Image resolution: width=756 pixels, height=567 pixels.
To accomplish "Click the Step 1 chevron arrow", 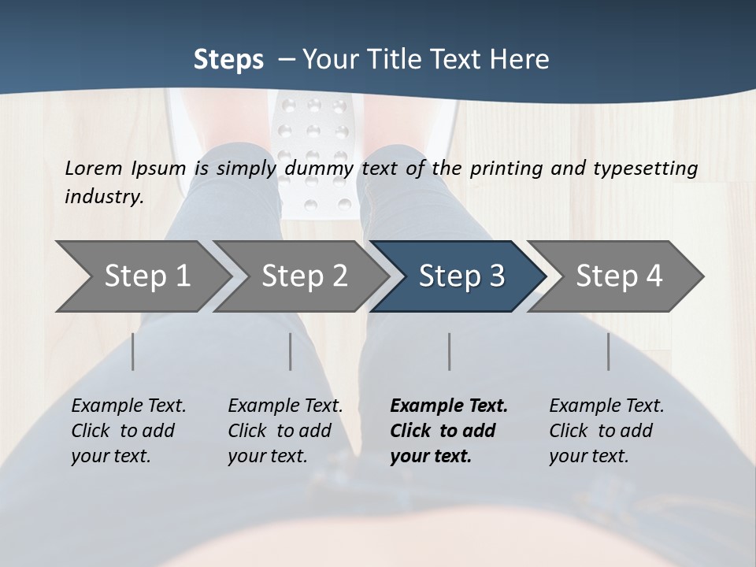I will point(142,276).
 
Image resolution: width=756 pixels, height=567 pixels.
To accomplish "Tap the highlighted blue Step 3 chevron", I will point(459,276).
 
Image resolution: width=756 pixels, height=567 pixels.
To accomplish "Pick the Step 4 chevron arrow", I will point(617,276).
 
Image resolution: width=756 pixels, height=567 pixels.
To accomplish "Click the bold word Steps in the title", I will point(228,60).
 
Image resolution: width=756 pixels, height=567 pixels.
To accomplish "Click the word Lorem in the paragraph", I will point(94,168).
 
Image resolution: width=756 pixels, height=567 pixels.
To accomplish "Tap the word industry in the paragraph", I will point(103,196).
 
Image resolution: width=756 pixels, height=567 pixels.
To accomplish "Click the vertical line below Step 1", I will point(133,351).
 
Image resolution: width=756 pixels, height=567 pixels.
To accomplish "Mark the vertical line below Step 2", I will point(291,351).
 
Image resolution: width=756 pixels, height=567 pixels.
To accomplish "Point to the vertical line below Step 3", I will point(450,351).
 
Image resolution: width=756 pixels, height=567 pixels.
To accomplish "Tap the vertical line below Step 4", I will point(609,351).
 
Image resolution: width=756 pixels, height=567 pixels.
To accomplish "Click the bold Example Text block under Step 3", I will point(449,431).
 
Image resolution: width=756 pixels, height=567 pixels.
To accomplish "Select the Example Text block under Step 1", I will point(128,431).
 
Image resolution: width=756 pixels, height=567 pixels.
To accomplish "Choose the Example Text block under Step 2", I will point(285,431).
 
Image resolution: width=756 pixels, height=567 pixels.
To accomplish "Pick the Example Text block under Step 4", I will point(606,431).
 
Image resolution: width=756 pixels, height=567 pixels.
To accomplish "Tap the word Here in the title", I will point(519,60).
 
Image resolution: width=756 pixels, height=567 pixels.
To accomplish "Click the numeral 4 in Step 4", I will point(654,276).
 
